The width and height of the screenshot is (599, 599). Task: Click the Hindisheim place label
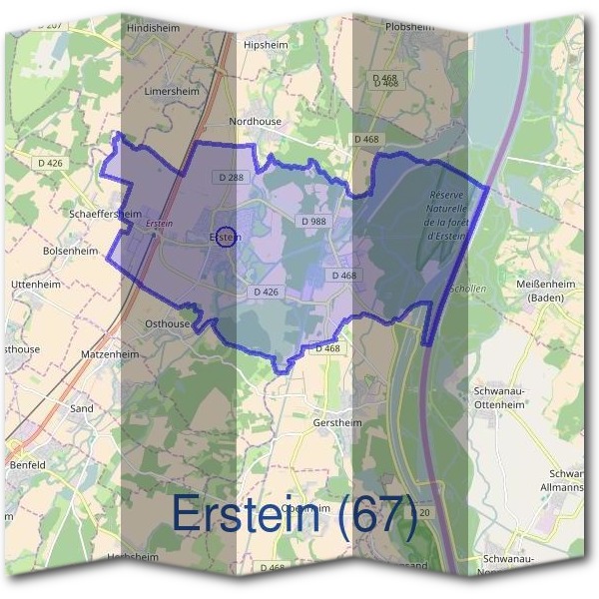pyautogui.click(x=153, y=29)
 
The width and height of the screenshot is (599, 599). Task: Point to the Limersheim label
pyautogui.click(x=172, y=90)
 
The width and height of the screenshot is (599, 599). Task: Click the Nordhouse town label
pyautogui.click(x=256, y=121)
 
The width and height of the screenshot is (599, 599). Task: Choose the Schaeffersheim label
pyautogui.click(x=106, y=214)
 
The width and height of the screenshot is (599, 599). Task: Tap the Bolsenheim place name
pyautogui.click(x=71, y=252)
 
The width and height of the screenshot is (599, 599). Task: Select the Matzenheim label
pyautogui.click(x=108, y=353)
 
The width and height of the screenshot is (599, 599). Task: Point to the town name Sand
pyautogui.click(x=82, y=409)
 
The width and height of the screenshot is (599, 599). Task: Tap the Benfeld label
pyautogui.click(x=27, y=465)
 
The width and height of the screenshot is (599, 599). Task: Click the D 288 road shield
pyautogui.click(x=229, y=177)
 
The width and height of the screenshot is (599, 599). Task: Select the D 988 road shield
pyautogui.click(x=313, y=221)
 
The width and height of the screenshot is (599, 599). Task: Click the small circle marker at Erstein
pyautogui.click(x=228, y=238)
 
